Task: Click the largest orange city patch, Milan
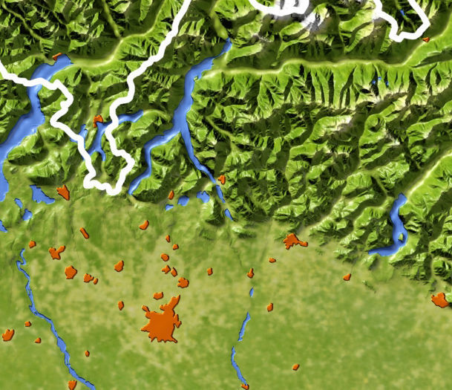[x=162, y=324]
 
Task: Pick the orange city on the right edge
[x=439, y=300]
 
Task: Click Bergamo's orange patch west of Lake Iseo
[x=293, y=241]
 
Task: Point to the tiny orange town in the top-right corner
[x=426, y=39]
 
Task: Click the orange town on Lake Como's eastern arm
[x=221, y=179]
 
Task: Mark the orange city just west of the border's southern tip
[x=63, y=193]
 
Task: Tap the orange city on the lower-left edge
[x=8, y=335]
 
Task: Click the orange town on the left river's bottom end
[x=72, y=385]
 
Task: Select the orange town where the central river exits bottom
[x=245, y=386]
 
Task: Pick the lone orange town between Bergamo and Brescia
[x=347, y=277]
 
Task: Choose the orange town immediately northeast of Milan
[x=183, y=282]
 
